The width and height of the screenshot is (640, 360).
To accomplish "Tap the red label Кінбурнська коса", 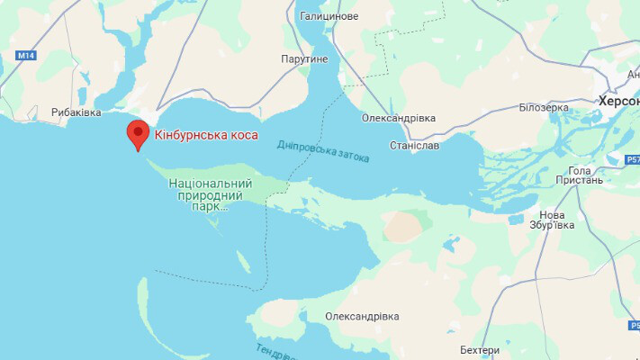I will tap(206, 135).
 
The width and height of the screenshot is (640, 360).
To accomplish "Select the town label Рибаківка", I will tap(77, 112).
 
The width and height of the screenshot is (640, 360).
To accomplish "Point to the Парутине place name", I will tap(303, 58).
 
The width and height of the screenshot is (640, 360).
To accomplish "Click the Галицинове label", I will tap(328, 16).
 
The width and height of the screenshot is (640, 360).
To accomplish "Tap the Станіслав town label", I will tap(415, 144).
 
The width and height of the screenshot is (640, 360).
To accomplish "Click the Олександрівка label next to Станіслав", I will tap(398, 118).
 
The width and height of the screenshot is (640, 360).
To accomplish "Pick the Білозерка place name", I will tap(544, 107).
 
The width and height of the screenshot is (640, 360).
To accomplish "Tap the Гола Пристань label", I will tap(586, 175).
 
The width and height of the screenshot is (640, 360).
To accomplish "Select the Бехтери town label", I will tap(478, 349).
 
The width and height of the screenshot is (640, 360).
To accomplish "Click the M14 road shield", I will tap(25, 56).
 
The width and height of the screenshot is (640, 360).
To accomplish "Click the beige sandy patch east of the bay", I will tap(403, 226).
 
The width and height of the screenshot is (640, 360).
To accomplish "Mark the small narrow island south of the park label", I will tap(242, 263).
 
